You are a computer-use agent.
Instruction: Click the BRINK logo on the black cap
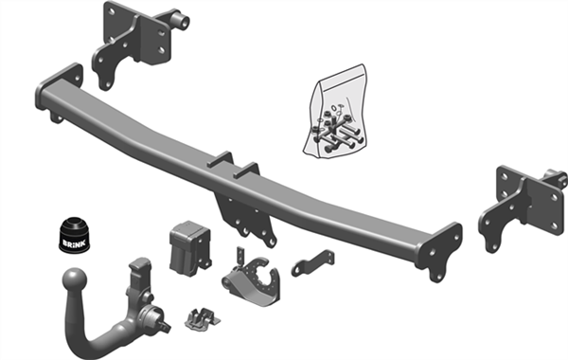pos(74,243)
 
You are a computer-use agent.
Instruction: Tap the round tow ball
pos(75,280)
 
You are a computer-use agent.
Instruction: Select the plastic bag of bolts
pos(335,112)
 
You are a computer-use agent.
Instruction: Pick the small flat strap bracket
pos(313,262)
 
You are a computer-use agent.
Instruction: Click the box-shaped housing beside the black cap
pos(189,248)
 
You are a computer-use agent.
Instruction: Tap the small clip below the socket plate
pos(203,318)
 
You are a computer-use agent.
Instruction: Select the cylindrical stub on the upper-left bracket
pos(182,20)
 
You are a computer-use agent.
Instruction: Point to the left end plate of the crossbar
pos(60,88)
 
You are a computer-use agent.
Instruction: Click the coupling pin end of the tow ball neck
pos(164,324)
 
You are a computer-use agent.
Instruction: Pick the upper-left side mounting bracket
pos(133,44)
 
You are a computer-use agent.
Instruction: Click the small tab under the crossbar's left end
pos(57,117)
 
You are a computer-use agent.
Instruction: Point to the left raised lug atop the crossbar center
pos(221,160)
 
